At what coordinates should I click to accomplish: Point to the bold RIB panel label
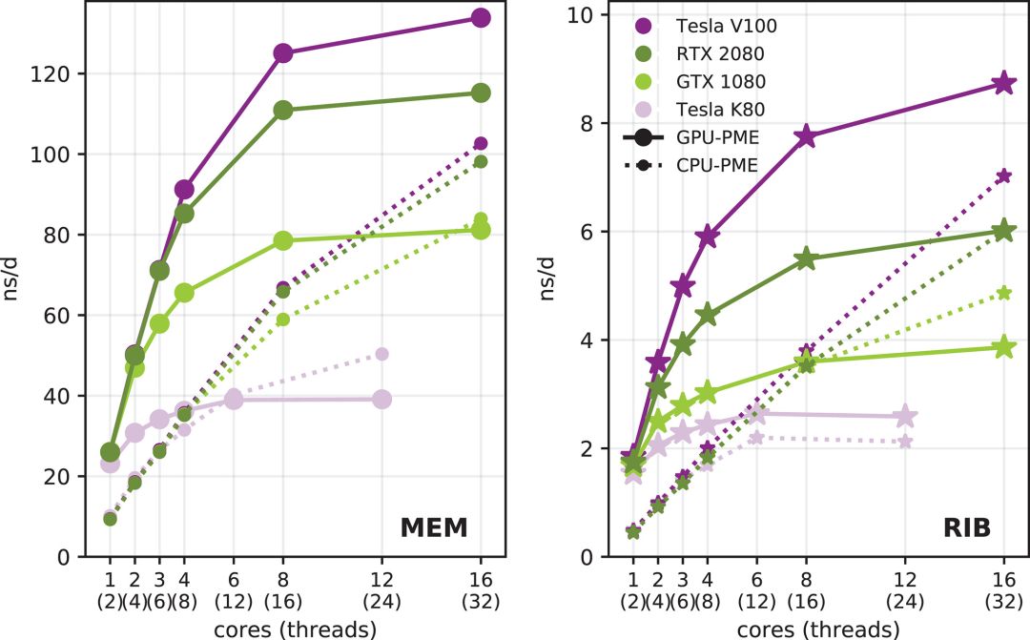click(x=965, y=526)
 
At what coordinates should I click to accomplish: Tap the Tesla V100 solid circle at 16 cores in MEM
click(x=481, y=18)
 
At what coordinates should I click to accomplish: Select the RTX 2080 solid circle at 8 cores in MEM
click(x=282, y=111)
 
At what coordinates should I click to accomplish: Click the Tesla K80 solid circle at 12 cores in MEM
click(x=381, y=399)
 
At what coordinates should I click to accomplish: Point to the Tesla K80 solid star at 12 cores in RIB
click(x=905, y=416)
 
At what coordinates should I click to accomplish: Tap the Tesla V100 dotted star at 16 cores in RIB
click(x=1003, y=176)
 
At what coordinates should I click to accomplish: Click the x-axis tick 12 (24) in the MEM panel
click(x=381, y=588)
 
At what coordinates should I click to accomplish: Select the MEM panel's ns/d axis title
click(x=12, y=278)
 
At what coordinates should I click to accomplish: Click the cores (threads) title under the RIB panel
click(x=818, y=629)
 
